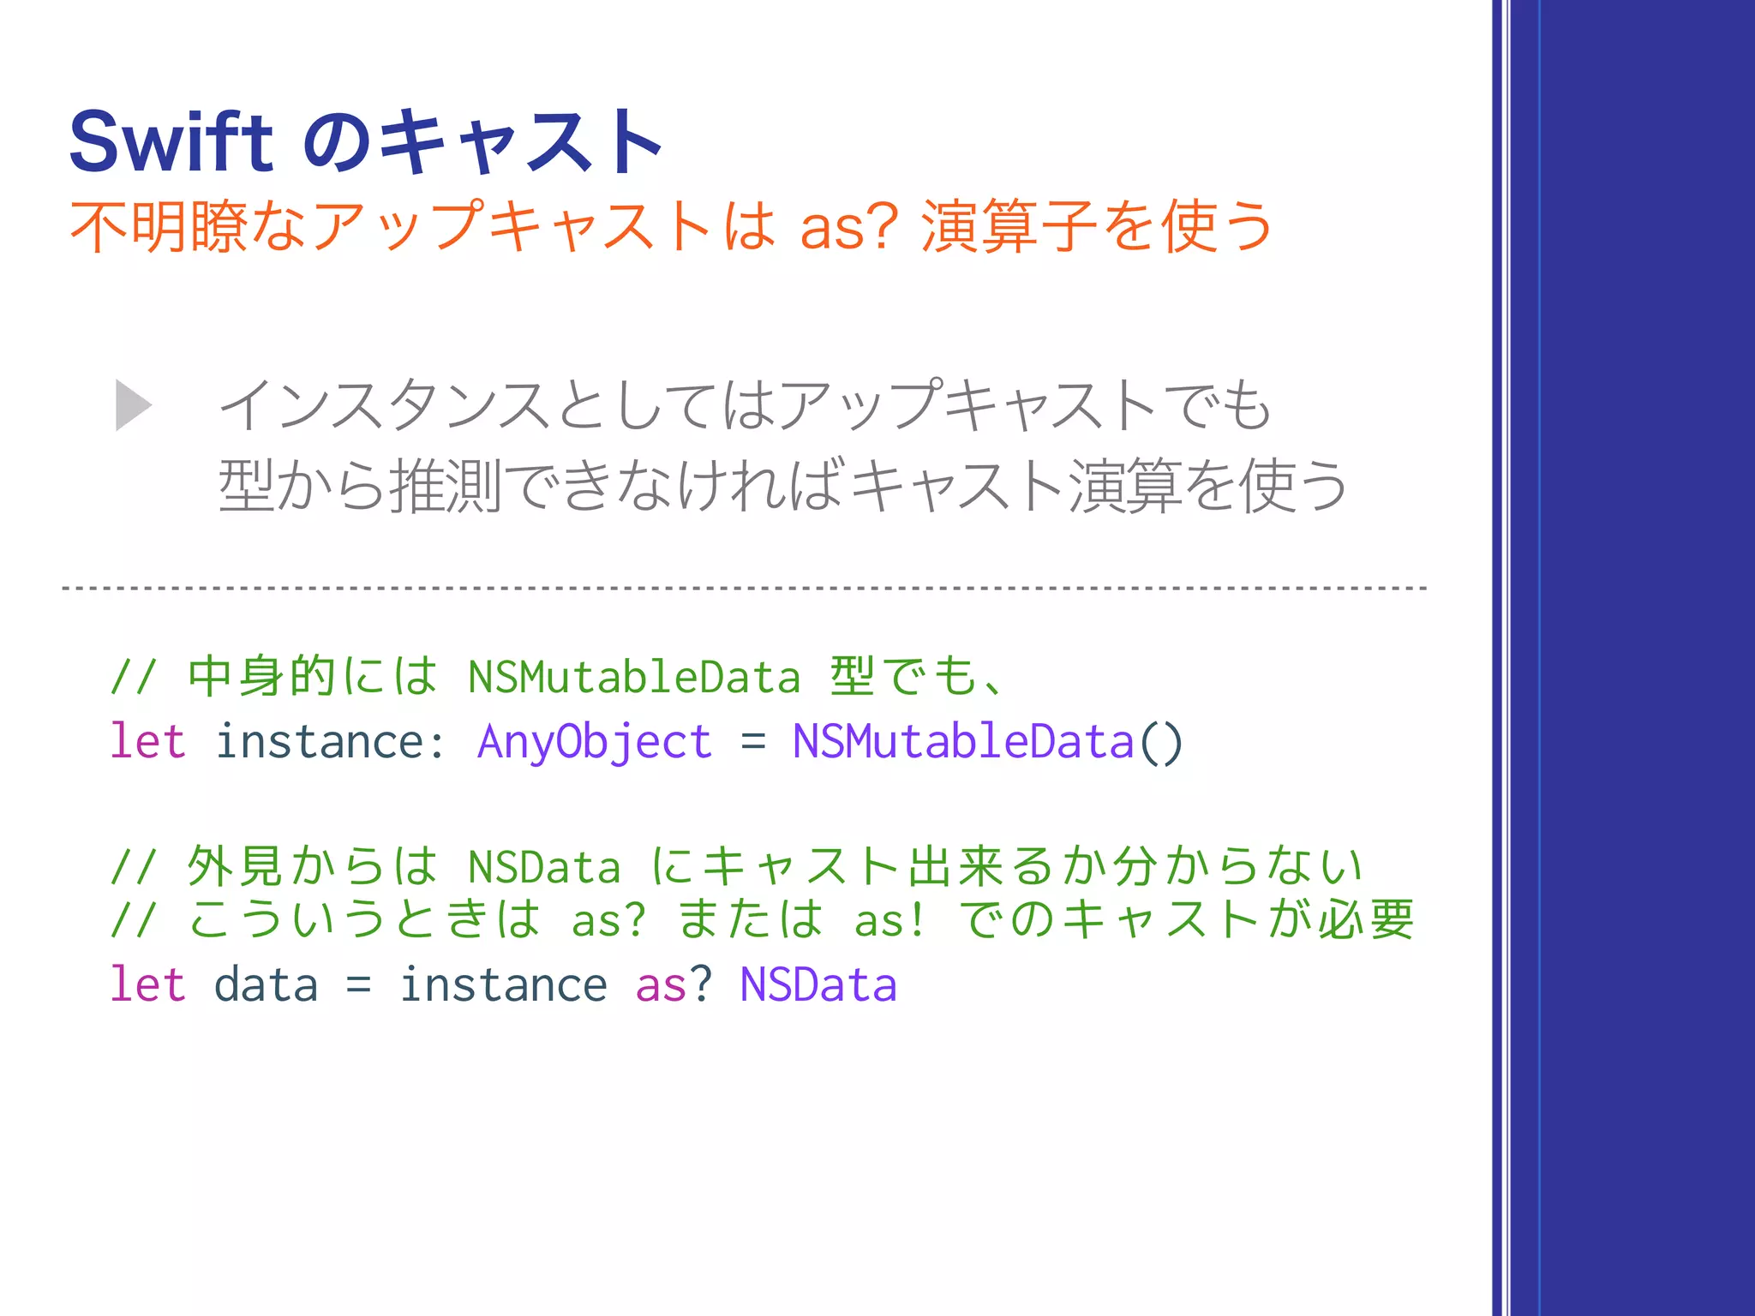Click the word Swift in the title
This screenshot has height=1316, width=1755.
pyautogui.click(x=171, y=142)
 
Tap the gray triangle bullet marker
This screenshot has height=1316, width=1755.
pyautogui.click(x=134, y=405)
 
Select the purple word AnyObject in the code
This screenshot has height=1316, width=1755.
pyautogui.click(x=594, y=742)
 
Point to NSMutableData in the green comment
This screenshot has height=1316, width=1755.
pyautogui.click(x=634, y=678)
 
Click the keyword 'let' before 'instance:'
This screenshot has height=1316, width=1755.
pyautogui.click(x=147, y=742)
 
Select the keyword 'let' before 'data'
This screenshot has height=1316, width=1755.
pyautogui.click(x=147, y=984)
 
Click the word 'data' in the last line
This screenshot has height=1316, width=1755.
pyautogui.click(x=266, y=984)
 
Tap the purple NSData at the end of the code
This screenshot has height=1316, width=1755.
pyautogui.click(x=818, y=984)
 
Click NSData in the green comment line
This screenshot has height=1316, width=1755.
pyautogui.click(x=544, y=867)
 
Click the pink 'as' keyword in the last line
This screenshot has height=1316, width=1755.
pyautogui.click(x=661, y=984)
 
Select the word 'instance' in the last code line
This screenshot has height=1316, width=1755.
pyautogui.click(x=503, y=984)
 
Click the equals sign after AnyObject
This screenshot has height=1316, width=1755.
pyautogui.click(x=752, y=742)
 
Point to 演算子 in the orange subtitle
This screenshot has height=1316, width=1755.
pyautogui.click(x=1008, y=228)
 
